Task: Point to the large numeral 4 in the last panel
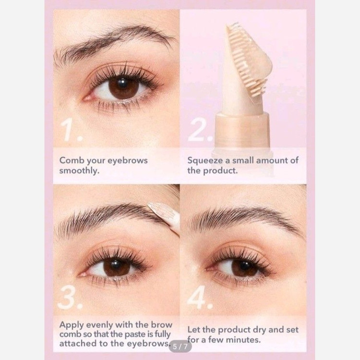tap(199, 297)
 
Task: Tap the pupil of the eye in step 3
tap(117, 267)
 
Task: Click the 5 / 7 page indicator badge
tap(180, 347)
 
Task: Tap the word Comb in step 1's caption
tap(72, 160)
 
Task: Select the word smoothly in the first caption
tap(79, 170)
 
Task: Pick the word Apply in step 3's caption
tap(71, 325)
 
